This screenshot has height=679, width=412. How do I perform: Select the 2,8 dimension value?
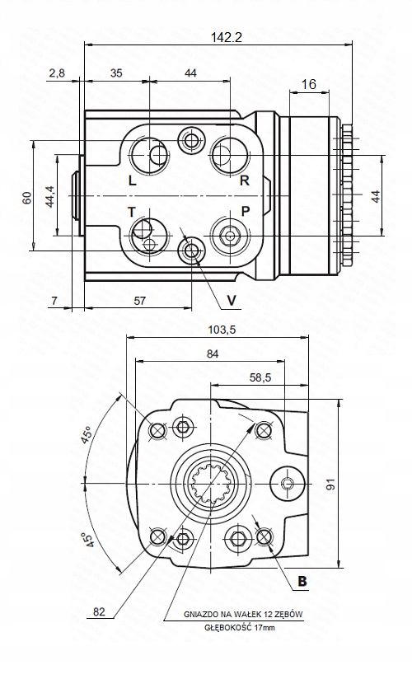58,73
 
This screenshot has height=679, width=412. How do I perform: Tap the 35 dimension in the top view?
116,73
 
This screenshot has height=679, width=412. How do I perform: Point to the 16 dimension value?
309,84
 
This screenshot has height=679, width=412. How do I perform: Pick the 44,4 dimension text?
49,198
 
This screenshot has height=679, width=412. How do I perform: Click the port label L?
133,180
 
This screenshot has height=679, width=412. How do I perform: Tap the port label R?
244,180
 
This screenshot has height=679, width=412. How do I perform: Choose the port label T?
131,212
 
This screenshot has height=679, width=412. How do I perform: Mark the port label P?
245,212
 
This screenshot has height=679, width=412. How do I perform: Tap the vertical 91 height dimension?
330,485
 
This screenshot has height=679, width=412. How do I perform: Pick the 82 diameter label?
100,611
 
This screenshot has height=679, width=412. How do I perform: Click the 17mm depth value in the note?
265,628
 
